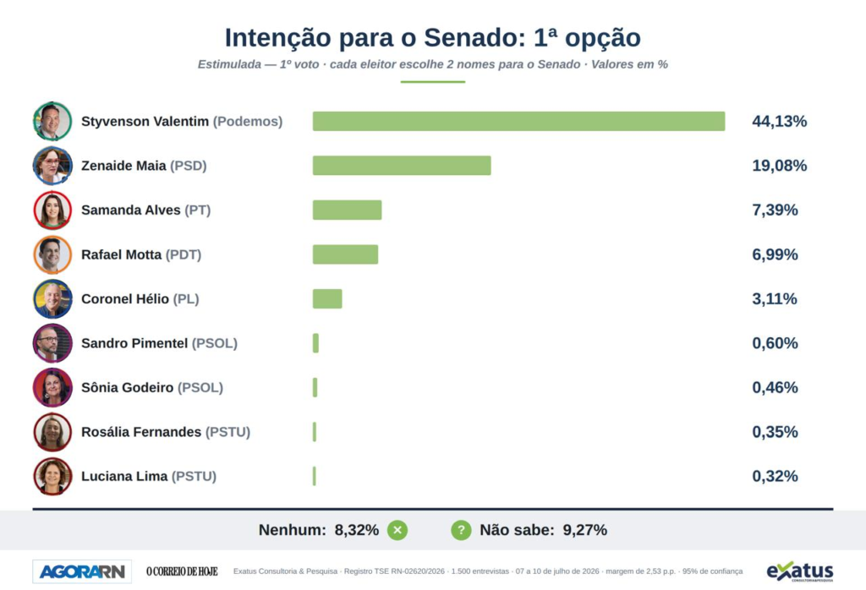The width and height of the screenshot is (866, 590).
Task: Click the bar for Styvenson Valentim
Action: pos(518,122)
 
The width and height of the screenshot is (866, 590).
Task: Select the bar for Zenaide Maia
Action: pos(402,166)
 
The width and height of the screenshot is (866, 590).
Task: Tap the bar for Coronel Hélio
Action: pos(327,298)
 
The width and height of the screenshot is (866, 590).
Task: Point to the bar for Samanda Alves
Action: pos(347,210)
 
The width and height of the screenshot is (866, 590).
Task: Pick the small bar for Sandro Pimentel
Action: pos(315,342)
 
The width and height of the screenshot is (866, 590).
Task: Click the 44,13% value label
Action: pos(779,122)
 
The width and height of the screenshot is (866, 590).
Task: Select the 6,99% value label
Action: pos(775,254)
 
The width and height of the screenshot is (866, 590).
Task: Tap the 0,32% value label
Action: pos(775,476)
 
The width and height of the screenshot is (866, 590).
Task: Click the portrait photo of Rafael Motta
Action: pos(52,254)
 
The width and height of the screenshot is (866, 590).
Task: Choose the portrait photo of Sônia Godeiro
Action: pos(52,387)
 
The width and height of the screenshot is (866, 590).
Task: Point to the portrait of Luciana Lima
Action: pos(52,476)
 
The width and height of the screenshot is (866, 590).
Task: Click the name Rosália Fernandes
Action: pos(141,432)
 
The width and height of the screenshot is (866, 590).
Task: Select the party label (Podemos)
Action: pos(248,122)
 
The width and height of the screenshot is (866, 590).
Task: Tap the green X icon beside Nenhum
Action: pos(397,530)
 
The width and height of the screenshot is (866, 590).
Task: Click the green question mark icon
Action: pos(461,530)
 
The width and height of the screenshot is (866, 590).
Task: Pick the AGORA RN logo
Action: pos(82,571)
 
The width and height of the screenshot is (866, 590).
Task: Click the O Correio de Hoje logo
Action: pos(182,571)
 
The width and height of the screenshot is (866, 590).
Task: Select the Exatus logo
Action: pos(800,571)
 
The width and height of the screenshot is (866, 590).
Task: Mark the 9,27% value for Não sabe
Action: pos(585,530)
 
